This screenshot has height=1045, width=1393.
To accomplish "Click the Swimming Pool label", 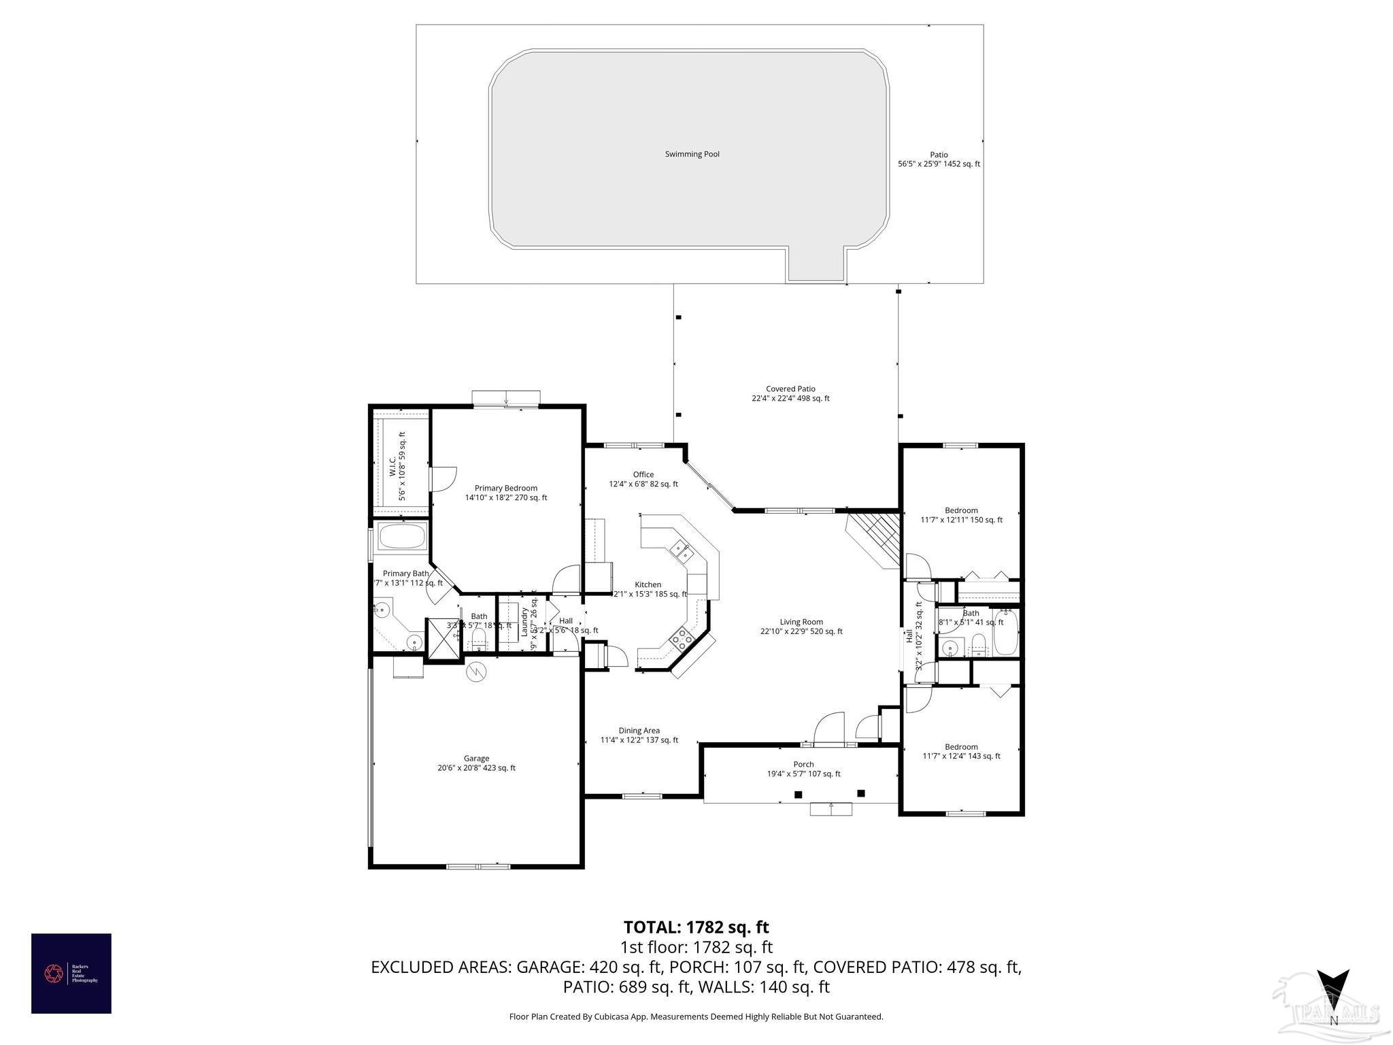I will (692, 154).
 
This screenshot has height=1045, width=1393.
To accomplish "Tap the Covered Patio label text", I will (790, 389).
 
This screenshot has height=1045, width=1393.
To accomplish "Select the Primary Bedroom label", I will (506, 488).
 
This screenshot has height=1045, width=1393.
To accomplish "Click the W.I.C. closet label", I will (393, 467).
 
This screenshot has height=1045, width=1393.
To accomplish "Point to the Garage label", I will (476, 758).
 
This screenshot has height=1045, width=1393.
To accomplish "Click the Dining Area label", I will (639, 731).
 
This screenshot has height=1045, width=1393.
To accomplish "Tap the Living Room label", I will (801, 622).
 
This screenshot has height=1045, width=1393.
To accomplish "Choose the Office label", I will (643, 475).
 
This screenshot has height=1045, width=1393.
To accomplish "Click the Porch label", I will (803, 764).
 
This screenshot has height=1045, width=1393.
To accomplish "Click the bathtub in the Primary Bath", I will (401, 537).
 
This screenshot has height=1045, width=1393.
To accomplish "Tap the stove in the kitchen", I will (682, 638).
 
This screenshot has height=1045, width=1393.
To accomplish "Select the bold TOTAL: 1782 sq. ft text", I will (696, 927).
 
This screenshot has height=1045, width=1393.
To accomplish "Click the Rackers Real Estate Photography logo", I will (71, 974).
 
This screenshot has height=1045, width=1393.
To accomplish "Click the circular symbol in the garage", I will (477, 671).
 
